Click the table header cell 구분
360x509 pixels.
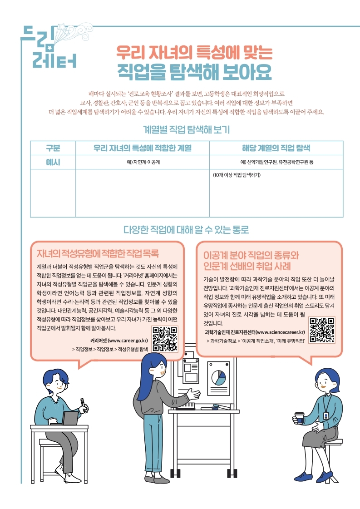pos(53,148)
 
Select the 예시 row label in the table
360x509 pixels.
pos(53,162)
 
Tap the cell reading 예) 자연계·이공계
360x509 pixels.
pos(143,162)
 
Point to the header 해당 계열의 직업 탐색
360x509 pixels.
pos(276,148)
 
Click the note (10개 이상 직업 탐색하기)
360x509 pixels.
pos(237,175)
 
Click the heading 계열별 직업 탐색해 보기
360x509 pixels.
pos(186,129)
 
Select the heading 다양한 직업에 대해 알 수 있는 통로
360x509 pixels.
pos(186,229)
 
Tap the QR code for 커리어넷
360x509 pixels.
pos(165,339)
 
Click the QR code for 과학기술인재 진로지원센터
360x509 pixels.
pos(322,330)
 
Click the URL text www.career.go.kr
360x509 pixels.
pos(128,341)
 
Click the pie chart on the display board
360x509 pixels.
pos(218,377)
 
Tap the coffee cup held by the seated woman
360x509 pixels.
pos(299,418)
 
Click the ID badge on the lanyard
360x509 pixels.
pos(326,416)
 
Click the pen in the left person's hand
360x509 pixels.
pos(83,402)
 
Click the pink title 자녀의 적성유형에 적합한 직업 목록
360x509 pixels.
pos(98,253)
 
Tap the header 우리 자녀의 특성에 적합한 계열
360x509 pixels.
pos(143,148)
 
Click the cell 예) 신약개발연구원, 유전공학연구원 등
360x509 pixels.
pos(276,162)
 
